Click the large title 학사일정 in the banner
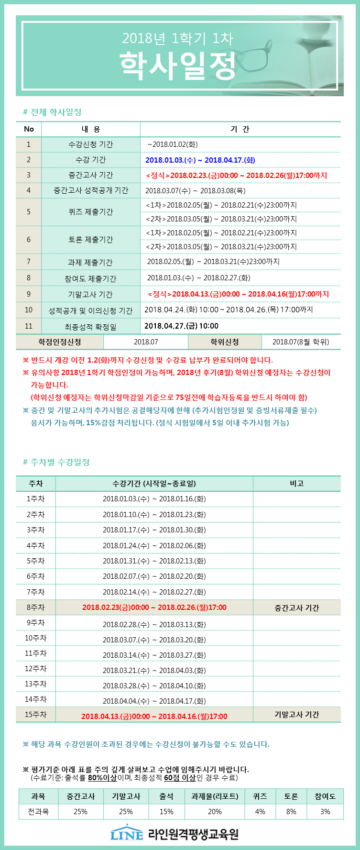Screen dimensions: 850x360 tap(177, 66)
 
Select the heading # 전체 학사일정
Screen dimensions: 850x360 tap(52, 112)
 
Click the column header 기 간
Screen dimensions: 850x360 tap(240, 129)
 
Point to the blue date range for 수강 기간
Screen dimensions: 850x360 tap(200, 160)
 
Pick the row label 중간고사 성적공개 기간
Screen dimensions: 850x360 tap(90, 190)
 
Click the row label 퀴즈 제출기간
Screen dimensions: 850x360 tap(90, 212)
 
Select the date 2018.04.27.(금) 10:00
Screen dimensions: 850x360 tap(181, 326)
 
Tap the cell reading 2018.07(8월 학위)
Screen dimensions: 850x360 tap(301, 342)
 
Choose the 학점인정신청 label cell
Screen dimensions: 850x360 tap(60, 342)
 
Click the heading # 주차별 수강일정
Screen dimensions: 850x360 tap(56, 462)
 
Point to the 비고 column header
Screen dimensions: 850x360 tap(296, 484)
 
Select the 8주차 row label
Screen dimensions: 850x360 tap(35, 607)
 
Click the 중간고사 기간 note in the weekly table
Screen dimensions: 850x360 tap(296, 608)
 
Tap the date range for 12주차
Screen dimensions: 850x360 tap(154, 671)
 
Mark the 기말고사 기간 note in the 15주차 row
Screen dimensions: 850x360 tap(296, 715)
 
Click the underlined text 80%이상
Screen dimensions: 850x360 tap(102, 778)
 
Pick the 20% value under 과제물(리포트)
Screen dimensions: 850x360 tap(215, 812)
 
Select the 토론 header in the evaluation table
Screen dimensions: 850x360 tap(291, 796)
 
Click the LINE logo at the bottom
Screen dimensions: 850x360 tap(127, 834)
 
